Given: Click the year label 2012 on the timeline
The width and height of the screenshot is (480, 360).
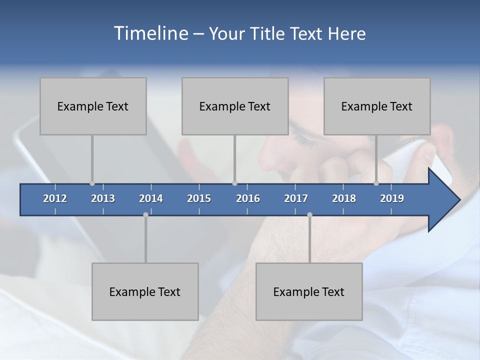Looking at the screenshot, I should pos(55,198).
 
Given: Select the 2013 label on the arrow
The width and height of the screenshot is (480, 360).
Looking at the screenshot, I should pos(103,198).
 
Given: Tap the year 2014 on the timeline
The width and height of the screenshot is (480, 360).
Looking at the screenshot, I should pos(151,198).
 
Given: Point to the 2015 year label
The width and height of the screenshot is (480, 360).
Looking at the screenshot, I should pos(199,198).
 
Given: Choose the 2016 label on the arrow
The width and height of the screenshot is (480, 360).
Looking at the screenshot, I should pos(248,198).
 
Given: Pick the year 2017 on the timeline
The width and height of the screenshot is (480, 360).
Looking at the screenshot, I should pos(296,198).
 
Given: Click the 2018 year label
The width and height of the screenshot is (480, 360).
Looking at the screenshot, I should pos(344,198).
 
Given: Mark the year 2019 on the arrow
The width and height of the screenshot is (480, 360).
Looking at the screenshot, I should pos(392,198).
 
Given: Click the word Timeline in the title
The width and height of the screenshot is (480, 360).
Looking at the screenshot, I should pos(150,33).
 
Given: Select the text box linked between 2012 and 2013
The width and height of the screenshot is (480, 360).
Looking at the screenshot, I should pos(93,106).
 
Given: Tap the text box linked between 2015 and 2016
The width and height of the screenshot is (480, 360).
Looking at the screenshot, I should pos(235,106).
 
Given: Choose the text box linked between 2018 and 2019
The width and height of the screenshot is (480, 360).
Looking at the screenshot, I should pos(377,106).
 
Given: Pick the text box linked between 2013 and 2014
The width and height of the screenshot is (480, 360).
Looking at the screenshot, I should pos(145,291).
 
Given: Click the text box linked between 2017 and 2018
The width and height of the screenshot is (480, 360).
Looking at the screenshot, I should pos(309,291).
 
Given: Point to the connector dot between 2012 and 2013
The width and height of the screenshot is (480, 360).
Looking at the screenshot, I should pos(92,183).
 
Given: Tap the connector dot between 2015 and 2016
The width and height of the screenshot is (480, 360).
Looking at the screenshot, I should pos(235,183).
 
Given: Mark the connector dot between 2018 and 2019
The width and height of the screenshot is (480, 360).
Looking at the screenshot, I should pos(376,183).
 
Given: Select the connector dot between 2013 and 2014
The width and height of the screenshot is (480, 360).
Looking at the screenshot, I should pos(145,214).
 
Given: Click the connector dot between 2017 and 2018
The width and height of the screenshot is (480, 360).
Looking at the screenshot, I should pos(309,214).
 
